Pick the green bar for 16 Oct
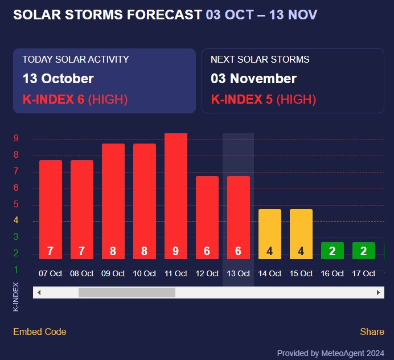(x=333, y=250)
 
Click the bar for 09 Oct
(x=113, y=201)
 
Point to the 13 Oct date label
(x=239, y=273)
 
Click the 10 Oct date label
(x=145, y=273)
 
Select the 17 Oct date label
(x=364, y=273)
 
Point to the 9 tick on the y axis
(x=17, y=138)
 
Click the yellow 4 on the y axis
(x=17, y=220)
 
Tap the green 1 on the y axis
(x=17, y=269)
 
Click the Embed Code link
(x=40, y=332)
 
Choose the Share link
(x=372, y=332)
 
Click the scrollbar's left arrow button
(x=39, y=292)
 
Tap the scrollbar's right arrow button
(x=379, y=292)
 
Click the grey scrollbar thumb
(x=127, y=292)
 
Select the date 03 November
(x=254, y=79)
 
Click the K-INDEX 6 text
(x=54, y=99)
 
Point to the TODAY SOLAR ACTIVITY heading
(x=76, y=59)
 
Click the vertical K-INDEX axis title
(x=16, y=296)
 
